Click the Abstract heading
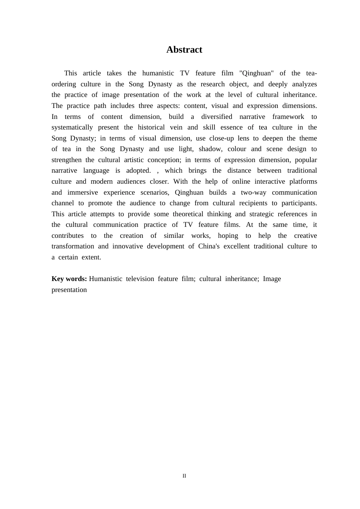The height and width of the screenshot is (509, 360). click(184, 50)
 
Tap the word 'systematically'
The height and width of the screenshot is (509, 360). click(72, 127)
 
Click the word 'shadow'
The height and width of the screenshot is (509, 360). click(210, 149)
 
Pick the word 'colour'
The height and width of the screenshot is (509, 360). click(237, 149)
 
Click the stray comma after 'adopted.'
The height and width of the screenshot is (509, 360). click(158, 171)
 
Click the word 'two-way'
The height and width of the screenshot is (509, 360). click(254, 192)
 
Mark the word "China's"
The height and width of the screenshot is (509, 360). click(209, 246)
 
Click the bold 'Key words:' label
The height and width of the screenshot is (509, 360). click(69, 279)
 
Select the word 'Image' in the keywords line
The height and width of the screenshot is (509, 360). click(272, 279)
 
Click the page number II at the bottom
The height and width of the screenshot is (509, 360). click(184, 476)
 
